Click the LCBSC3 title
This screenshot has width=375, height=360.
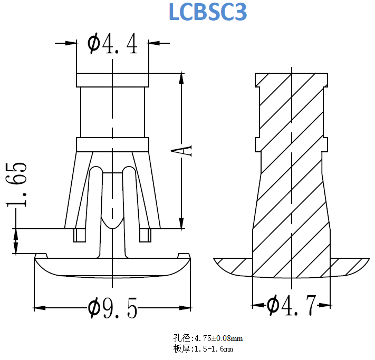pos(207,13)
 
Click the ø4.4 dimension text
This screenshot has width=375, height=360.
pos(112,44)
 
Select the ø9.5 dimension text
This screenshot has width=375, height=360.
pos(112,307)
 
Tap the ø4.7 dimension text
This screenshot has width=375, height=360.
pos(291,305)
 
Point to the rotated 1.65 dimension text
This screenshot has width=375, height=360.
pos(17,184)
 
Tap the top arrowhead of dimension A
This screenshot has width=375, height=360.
pos(182,77)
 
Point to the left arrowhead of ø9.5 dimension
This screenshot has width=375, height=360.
pos(38,307)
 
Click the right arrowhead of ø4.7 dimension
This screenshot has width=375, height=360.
pos(327,305)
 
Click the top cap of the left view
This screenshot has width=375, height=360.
pos(112,80)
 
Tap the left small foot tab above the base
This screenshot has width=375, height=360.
pos(80,235)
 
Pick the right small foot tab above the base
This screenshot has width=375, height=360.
pos(145,235)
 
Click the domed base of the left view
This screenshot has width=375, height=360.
pos(112,267)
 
